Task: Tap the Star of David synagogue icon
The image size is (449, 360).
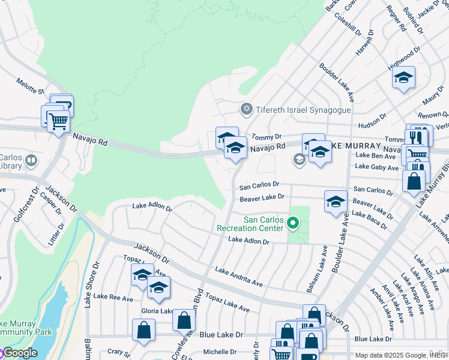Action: coord(246,109)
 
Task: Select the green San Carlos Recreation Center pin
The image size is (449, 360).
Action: coord(293,224)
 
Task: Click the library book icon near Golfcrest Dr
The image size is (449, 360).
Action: coord(32,161)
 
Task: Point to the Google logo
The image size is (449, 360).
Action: coord(19,353)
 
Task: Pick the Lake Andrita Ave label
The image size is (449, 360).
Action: coord(239,277)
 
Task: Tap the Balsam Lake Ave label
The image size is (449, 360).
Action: coord(317,269)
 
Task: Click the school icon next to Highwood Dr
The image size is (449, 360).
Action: coord(404,78)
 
